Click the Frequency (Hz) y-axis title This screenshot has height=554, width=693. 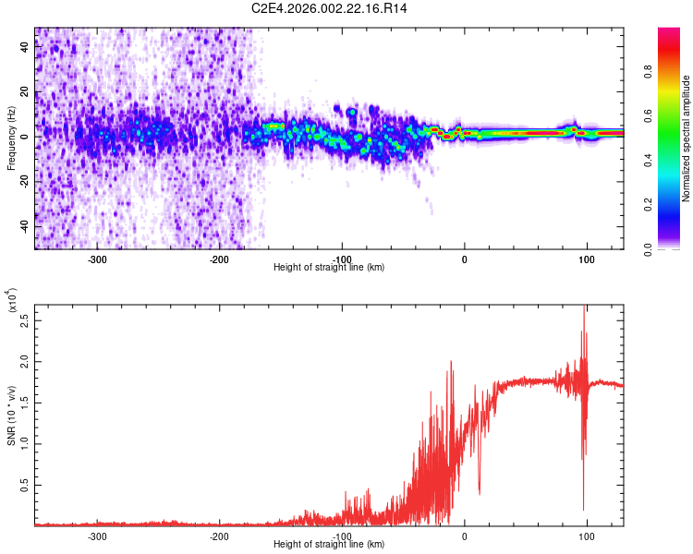tap(12, 138)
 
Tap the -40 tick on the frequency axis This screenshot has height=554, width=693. tap(24, 226)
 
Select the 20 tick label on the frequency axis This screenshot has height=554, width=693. tap(24, 92)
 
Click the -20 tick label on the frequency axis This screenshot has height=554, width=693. tap(24, 182)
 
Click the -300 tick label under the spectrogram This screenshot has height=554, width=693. tap(97, 259)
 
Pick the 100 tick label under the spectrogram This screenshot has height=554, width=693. tap(586, 259)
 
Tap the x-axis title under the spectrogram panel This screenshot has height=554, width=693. tap(329, 268)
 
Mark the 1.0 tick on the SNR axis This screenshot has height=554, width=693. tap(24, 443)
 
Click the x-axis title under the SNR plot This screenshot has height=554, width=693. tap(329, 545)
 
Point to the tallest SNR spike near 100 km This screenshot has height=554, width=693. tap(584, 308)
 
